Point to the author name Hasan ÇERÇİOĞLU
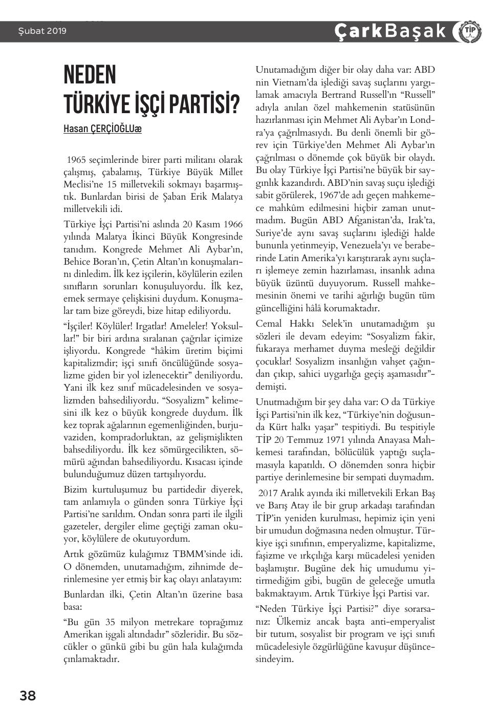pyautogui.click(x=102, y=129)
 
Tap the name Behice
pyautogui.click(x=77, y=262)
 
